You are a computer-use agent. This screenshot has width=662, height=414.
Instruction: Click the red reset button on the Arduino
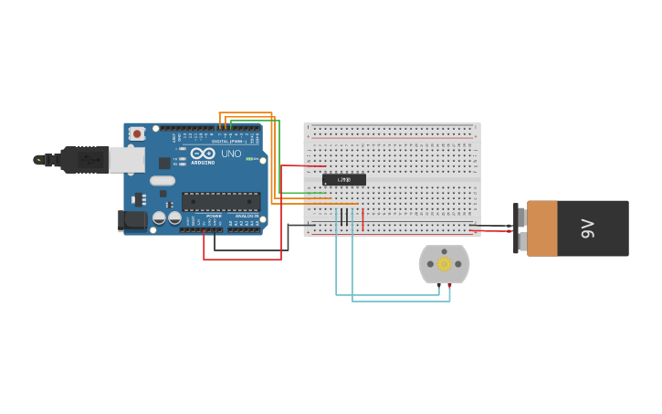(x=137, y=133)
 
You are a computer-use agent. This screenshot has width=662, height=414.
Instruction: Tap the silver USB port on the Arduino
(x=126, y=160)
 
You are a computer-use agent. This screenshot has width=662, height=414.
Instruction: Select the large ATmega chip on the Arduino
(x=220, y=201)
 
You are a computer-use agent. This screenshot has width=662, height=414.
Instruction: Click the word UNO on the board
(x=231, y=154)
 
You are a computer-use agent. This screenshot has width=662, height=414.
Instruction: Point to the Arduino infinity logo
(x=203, y=154)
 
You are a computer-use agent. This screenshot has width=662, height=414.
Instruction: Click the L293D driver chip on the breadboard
(x=344, y=179)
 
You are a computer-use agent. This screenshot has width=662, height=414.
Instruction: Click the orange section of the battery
(x=541, y=228)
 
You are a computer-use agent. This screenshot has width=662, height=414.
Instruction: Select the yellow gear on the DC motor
(x=444, y=264)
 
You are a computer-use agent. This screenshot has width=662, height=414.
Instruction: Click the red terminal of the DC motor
(x=449, y=286)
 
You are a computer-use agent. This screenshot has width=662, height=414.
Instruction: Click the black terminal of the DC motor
(x=438, y=286)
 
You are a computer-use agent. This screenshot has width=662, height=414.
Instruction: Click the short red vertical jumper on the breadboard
(x=363, y=219)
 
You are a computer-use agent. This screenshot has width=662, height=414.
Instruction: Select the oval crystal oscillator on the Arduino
(x=163, y=180)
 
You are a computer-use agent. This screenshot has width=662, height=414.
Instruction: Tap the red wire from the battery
(x=493, y=231)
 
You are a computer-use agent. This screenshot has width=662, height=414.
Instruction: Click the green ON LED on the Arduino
(x=247, y=158)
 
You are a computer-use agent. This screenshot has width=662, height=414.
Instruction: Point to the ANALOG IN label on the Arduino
(x=247, y=216)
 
